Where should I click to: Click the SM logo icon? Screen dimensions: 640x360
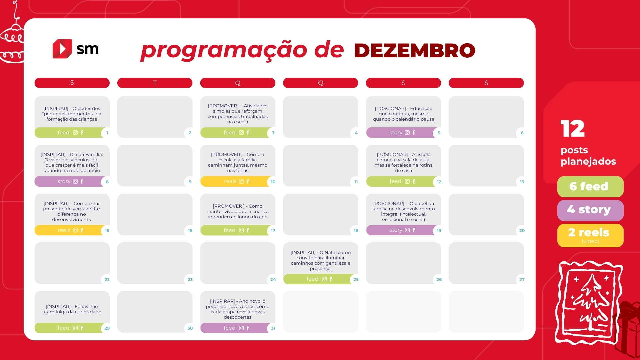point(62,49)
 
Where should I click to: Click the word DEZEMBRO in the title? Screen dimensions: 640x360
point(415,51)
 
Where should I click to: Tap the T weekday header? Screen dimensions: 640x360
point(155,83)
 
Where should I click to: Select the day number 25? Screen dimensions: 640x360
point(356,279)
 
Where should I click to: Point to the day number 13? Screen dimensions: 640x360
point(522,182)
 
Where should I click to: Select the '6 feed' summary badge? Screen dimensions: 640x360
point(590,187)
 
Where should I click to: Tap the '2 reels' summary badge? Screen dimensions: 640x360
point(590,235)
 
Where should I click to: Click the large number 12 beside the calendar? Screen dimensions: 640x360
point(573,128)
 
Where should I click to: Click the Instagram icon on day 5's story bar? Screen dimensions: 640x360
point(407,133)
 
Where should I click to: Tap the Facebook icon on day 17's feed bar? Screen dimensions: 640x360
point(248,230)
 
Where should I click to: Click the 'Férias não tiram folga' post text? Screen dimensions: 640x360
point(72,309)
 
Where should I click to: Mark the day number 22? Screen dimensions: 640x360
point(107,279)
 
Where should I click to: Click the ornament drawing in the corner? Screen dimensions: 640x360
point(12,37)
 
